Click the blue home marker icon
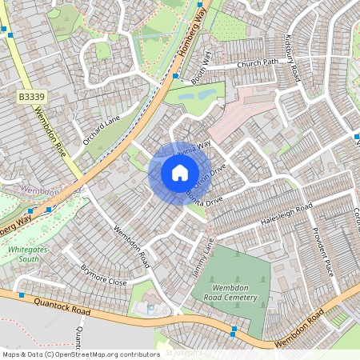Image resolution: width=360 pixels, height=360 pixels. pos(179,172)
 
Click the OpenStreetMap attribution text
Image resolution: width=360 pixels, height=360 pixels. pos(80,354)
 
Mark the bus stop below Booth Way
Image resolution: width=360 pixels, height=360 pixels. pos(174,76)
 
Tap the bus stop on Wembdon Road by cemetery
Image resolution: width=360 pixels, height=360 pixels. pos(233,329)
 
